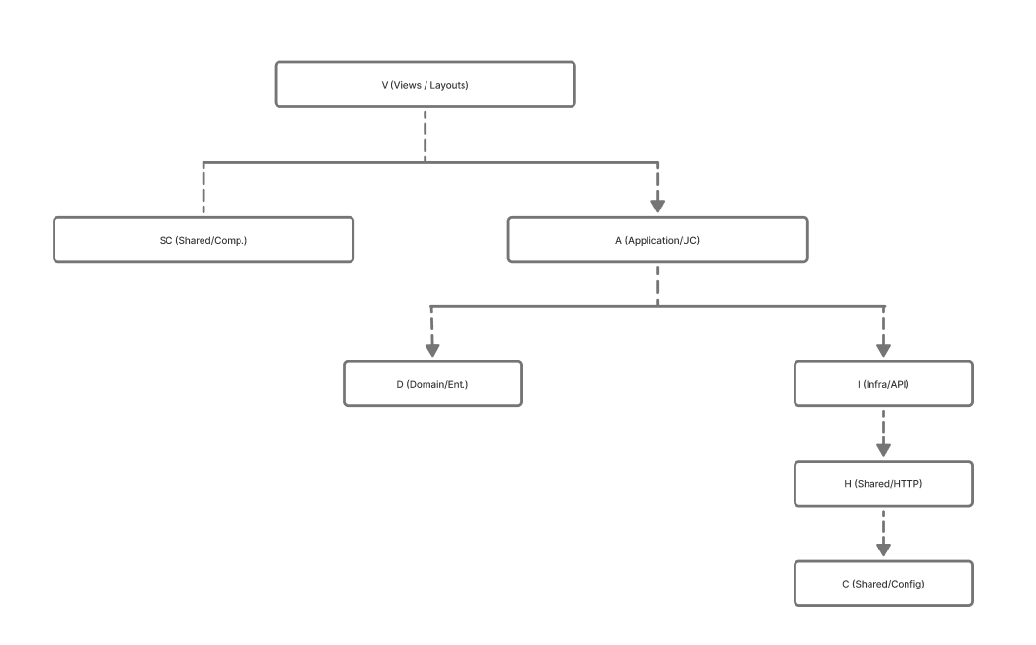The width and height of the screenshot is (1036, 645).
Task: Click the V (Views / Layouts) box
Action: [425, 85]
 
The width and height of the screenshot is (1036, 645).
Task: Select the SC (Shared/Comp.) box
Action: [203, 240]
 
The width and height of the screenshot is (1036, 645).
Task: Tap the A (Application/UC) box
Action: [657, 240]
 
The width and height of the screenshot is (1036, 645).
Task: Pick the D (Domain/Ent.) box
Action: [432, 384]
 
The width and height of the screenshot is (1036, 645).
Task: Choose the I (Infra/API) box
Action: [883, 384]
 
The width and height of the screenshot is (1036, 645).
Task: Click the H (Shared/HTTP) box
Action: [883, 483]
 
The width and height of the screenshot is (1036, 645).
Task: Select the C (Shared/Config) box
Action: [883, 584]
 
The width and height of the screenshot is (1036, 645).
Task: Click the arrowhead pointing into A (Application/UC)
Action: [657, 206]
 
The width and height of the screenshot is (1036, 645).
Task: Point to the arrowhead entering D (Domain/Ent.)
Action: [432, 350]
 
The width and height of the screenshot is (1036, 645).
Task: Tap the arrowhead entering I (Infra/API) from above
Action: [883, 350]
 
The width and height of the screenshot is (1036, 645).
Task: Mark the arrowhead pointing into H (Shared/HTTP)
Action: [883, 449]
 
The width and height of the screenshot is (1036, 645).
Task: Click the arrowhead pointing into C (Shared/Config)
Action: [883, 550]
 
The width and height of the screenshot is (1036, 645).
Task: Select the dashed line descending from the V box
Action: [425, 135]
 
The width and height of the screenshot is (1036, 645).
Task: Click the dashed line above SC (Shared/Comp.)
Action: [203, 188]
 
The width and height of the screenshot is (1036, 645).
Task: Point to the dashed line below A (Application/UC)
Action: [657, 285]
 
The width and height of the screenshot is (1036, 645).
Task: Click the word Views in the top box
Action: [407, 85]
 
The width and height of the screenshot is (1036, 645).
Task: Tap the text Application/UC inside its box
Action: [662, 240]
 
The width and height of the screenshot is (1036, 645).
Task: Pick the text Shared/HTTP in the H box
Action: [888, 483]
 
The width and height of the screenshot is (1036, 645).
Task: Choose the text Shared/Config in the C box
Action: [888, 584]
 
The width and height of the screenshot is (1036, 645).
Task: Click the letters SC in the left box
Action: [166, 240]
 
